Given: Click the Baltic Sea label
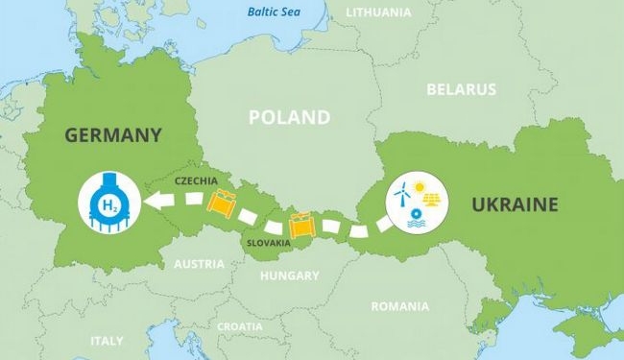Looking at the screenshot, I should tap(274, 12).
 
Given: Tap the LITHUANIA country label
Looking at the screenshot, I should tap(379, 12).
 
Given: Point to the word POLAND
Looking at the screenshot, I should tap(289, 117).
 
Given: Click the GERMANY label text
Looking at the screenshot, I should tap(112, 135).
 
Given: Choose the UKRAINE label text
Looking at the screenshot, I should tap(515, 204).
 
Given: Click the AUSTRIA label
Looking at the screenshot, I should tap(199, 264).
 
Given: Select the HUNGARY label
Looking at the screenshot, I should tap(289, 276).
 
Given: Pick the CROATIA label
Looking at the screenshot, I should tap(239, 326).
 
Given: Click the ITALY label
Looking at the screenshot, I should tap(107, 341).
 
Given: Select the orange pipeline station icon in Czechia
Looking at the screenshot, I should tap(223, 203).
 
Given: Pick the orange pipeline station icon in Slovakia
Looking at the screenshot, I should tap(301, 224).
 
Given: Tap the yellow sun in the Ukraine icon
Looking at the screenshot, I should tap(420, 186).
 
